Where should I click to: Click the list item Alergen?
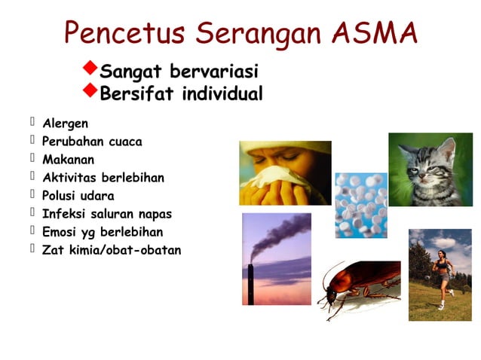click(x=66, y=123)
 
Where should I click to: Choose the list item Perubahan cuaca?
click(x=91, y=141)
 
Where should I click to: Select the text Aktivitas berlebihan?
click(x=103, y=178)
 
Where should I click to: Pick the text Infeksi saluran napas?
click(x=107, y=214)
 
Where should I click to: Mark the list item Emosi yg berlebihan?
click(x=102, y=232)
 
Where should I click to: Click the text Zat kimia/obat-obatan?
click(x=111, y=250)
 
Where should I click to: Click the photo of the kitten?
click(x=430, y=169)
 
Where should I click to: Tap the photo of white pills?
click(x=361, y=204)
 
